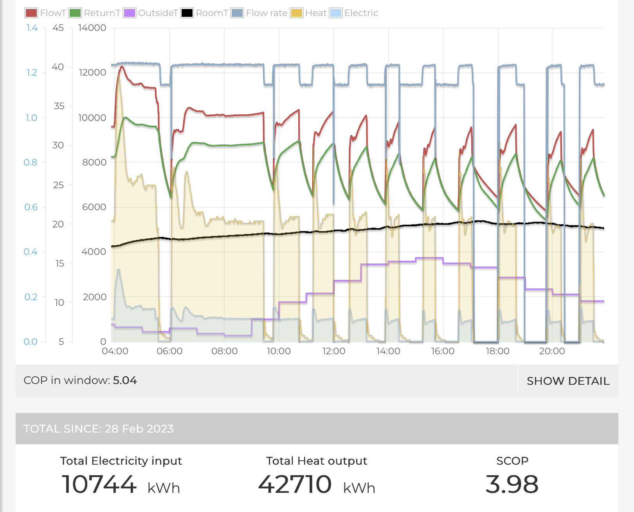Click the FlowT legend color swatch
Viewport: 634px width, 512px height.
tap(31, 13)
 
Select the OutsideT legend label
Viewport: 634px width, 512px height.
tap(158, 13)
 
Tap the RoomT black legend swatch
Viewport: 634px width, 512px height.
tap(187, 13)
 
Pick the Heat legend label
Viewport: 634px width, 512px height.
tap(315, 13)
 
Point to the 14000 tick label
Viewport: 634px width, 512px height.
tap(92, 28)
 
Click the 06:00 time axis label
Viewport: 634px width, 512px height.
tap(169, 351)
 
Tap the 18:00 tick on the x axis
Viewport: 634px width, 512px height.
tap(497, 351)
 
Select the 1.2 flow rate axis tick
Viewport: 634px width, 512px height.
tap(32, 72)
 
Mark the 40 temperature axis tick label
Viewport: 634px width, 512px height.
tap(58, 67)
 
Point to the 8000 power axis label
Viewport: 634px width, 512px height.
tap(94, 162)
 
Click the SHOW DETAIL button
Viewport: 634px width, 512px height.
tap(568, 381)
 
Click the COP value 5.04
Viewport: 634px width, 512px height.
tap(125, 380)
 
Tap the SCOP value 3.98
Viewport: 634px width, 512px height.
tap(512, 484)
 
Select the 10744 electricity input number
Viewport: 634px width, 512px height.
tap(99, 484)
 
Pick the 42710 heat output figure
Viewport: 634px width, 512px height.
tap(295, 484)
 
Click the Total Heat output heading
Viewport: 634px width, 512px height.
tap(317, 461)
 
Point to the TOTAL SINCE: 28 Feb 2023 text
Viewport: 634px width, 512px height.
tap(98, 429)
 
